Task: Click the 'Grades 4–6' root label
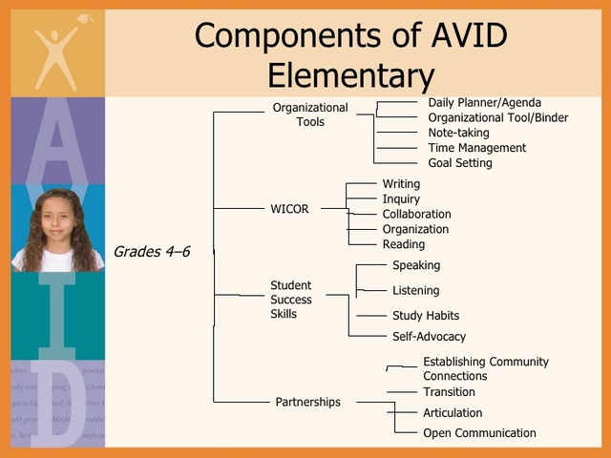click(152, 252)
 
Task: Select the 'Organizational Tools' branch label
click(310, 114)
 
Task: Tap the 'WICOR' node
click(289, 209)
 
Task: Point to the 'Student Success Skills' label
click(291, 300)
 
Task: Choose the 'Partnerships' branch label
click(307, 402)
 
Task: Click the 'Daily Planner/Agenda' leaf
click(484, 103)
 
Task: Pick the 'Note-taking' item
click(458, 133)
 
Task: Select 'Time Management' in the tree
click(476, 148)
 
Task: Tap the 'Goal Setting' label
click(460, 163)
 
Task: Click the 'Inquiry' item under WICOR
click(401, 199)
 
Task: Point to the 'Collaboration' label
click(416, 214)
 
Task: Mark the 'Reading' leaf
click(403, 244)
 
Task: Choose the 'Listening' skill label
click(415, 290)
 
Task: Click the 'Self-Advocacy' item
click(429, 336)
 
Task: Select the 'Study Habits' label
click(425, 315)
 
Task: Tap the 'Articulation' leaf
click(453, 413)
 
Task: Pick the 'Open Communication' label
click(479, 433)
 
